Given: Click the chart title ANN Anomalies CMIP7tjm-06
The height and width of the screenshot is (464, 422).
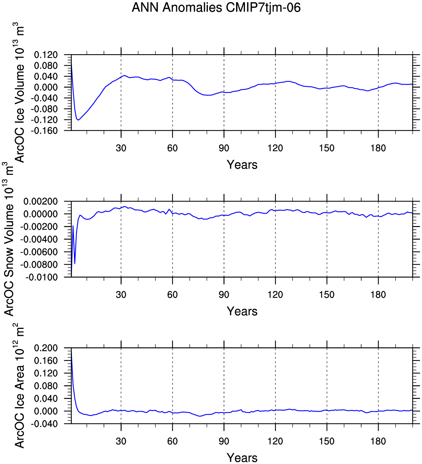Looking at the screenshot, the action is [216, 7].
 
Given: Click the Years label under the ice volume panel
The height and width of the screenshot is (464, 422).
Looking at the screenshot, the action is [242, 165].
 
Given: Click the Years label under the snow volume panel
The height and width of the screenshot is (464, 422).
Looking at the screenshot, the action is [242, 311].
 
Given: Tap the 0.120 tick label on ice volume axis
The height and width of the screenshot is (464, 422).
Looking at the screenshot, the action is [46, 55].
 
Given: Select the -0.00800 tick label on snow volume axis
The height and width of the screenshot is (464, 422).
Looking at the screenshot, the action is [39, 265].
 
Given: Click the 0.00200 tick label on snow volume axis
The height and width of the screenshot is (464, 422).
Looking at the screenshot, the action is [41, 202].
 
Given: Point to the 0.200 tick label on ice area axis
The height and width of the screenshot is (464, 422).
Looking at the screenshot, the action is [46, 348].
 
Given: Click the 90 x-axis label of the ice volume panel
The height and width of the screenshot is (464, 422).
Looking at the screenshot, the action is [224, 148].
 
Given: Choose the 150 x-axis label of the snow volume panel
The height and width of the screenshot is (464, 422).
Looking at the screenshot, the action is [327, 295].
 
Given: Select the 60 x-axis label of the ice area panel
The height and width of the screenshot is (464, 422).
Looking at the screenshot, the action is [173, 441].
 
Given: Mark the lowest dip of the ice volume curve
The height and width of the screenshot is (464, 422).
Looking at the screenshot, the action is [78, 120].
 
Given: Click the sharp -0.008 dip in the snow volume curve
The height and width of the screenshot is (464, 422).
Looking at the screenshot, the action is [75, 264].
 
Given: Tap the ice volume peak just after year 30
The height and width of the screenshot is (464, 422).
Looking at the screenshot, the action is [124, 75].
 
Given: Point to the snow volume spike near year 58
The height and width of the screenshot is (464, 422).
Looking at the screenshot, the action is [169, 209].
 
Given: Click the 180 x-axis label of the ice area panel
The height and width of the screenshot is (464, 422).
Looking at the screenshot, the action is [378, 441].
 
